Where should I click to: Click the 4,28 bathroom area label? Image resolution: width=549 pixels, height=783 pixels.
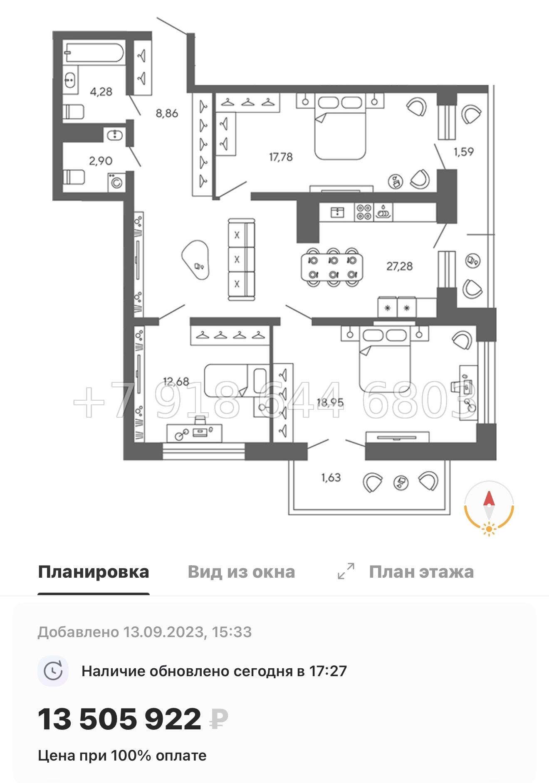(101, 91)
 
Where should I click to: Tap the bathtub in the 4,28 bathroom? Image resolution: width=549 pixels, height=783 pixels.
(94, 53)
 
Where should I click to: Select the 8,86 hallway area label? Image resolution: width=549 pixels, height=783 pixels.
(167, 113)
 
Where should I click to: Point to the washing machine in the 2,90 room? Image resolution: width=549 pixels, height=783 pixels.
(117, 182)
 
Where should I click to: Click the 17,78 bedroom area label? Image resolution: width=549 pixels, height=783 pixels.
(281, 157)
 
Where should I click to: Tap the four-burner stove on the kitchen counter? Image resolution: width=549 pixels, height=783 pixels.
(364, 212)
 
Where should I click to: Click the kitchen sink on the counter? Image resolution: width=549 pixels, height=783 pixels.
(337, 212)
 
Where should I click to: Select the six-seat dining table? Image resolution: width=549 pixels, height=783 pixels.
(332, 267)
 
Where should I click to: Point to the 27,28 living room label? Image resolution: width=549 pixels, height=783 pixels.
(399, 266)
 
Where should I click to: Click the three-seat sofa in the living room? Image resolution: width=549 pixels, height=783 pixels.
(241, 259)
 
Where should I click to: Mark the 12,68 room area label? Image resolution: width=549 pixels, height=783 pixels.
(176, 382)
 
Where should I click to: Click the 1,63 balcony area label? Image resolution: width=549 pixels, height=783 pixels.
(331, 478)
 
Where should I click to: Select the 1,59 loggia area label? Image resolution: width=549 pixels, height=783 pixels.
(463, 152)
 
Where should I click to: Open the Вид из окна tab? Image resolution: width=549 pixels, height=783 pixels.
(241, 572)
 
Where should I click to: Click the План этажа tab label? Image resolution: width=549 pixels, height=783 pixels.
(421, 572)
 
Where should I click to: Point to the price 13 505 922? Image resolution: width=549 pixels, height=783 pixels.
(120, 719)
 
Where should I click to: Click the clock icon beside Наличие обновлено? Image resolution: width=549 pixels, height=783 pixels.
(53, 671)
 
